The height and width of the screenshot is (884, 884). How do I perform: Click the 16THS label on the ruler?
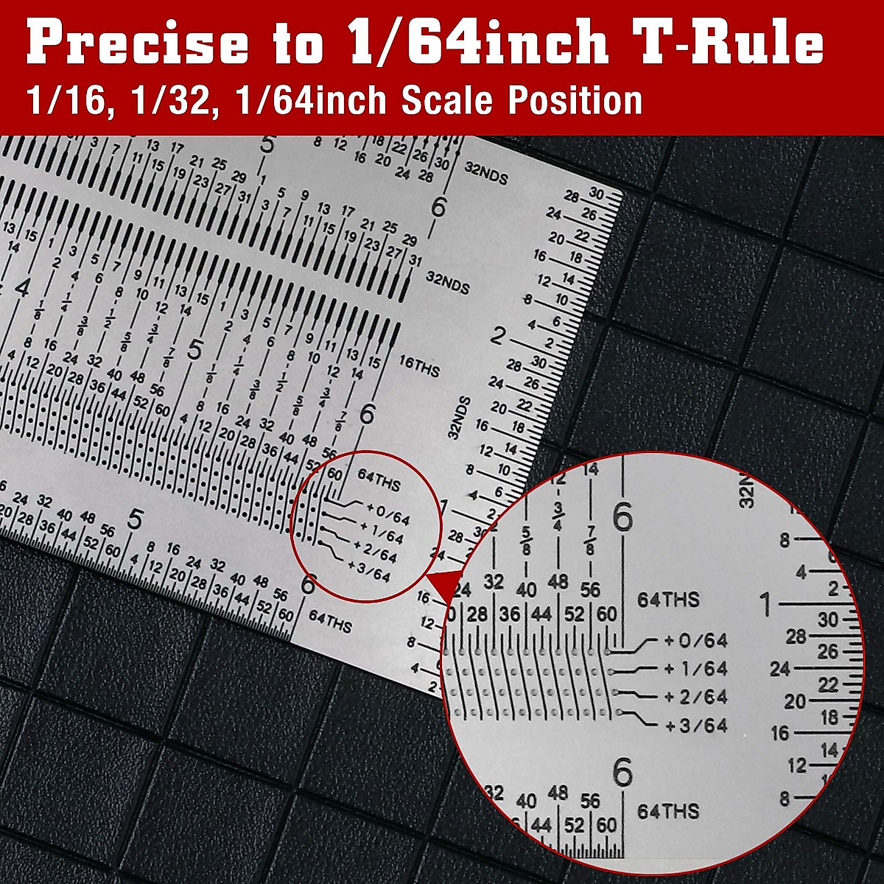pyautogui.click(x=418, y=366)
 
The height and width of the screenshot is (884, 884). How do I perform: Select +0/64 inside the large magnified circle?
pyautogui.click(x=695, y=641)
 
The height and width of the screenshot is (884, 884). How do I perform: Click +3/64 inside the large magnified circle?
pyautogui.click(x=695, y=726)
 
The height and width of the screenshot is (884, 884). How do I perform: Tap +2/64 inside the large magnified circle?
pyautogui.click(x=695, y=697)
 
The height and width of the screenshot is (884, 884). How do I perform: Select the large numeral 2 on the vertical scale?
pyautogui.click(x=498, y=337)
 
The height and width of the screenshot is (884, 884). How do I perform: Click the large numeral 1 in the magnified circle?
pyautogui.click(x=767, y=605)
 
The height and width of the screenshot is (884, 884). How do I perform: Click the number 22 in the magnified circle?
pyautogui.click(x=828, y=685)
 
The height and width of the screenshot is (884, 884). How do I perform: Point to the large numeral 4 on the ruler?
pyautogui.click(x=22, y=287)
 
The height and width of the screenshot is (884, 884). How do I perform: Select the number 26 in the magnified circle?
pyautogui.click(x=828, y=652)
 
